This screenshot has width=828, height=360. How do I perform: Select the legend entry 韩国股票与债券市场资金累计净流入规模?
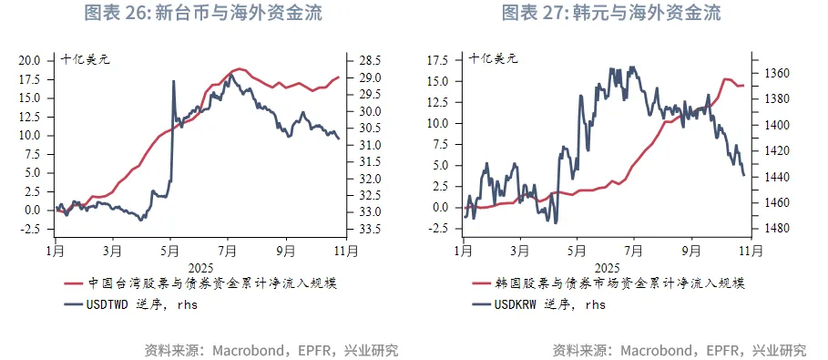tap(625, 283)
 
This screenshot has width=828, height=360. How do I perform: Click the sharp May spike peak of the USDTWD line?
tap(173, 81)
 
